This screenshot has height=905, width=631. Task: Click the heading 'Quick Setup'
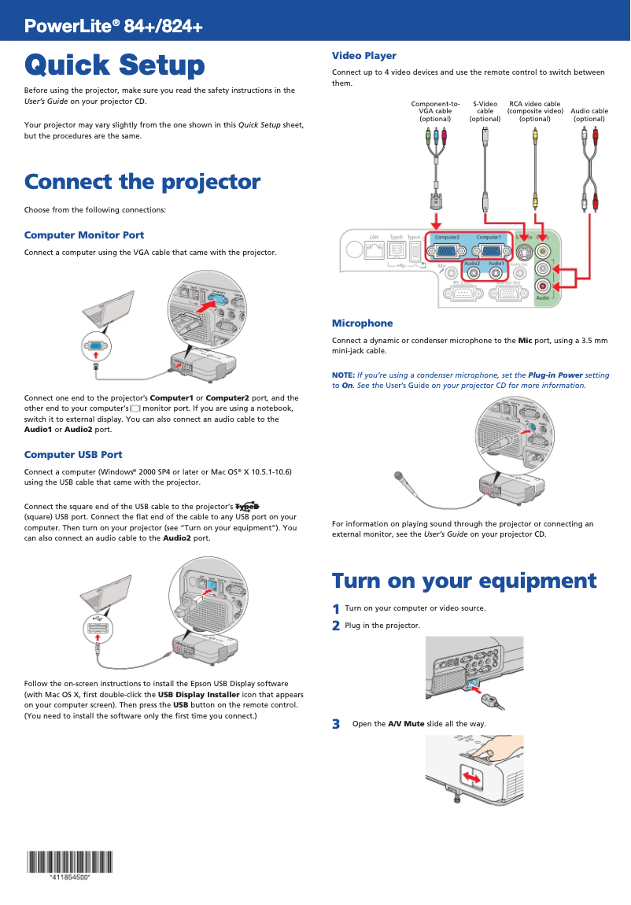(114, 65)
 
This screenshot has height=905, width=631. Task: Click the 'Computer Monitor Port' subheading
(84, 235)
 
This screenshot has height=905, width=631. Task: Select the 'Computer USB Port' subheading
(73, 455)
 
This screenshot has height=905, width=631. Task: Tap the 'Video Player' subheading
(363, 56)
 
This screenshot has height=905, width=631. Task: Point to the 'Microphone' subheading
(362, 323)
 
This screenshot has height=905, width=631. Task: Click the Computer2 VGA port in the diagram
(447, 252)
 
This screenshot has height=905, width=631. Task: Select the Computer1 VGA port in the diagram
(489, 252)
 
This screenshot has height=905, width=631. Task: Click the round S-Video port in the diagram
(523, 253)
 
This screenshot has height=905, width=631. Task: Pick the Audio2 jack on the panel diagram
(472, 272)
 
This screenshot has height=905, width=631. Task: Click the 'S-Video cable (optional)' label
(485, 111)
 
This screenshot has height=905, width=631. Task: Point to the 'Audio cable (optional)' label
(589, 115)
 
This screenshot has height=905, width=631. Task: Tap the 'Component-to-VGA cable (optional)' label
(435, 111)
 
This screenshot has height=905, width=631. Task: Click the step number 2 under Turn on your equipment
(336, 626)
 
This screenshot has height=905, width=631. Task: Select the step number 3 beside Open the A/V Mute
(336, 724)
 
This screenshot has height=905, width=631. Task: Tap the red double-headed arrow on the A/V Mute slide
(472, 778)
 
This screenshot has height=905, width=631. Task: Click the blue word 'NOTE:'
(343, 376)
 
